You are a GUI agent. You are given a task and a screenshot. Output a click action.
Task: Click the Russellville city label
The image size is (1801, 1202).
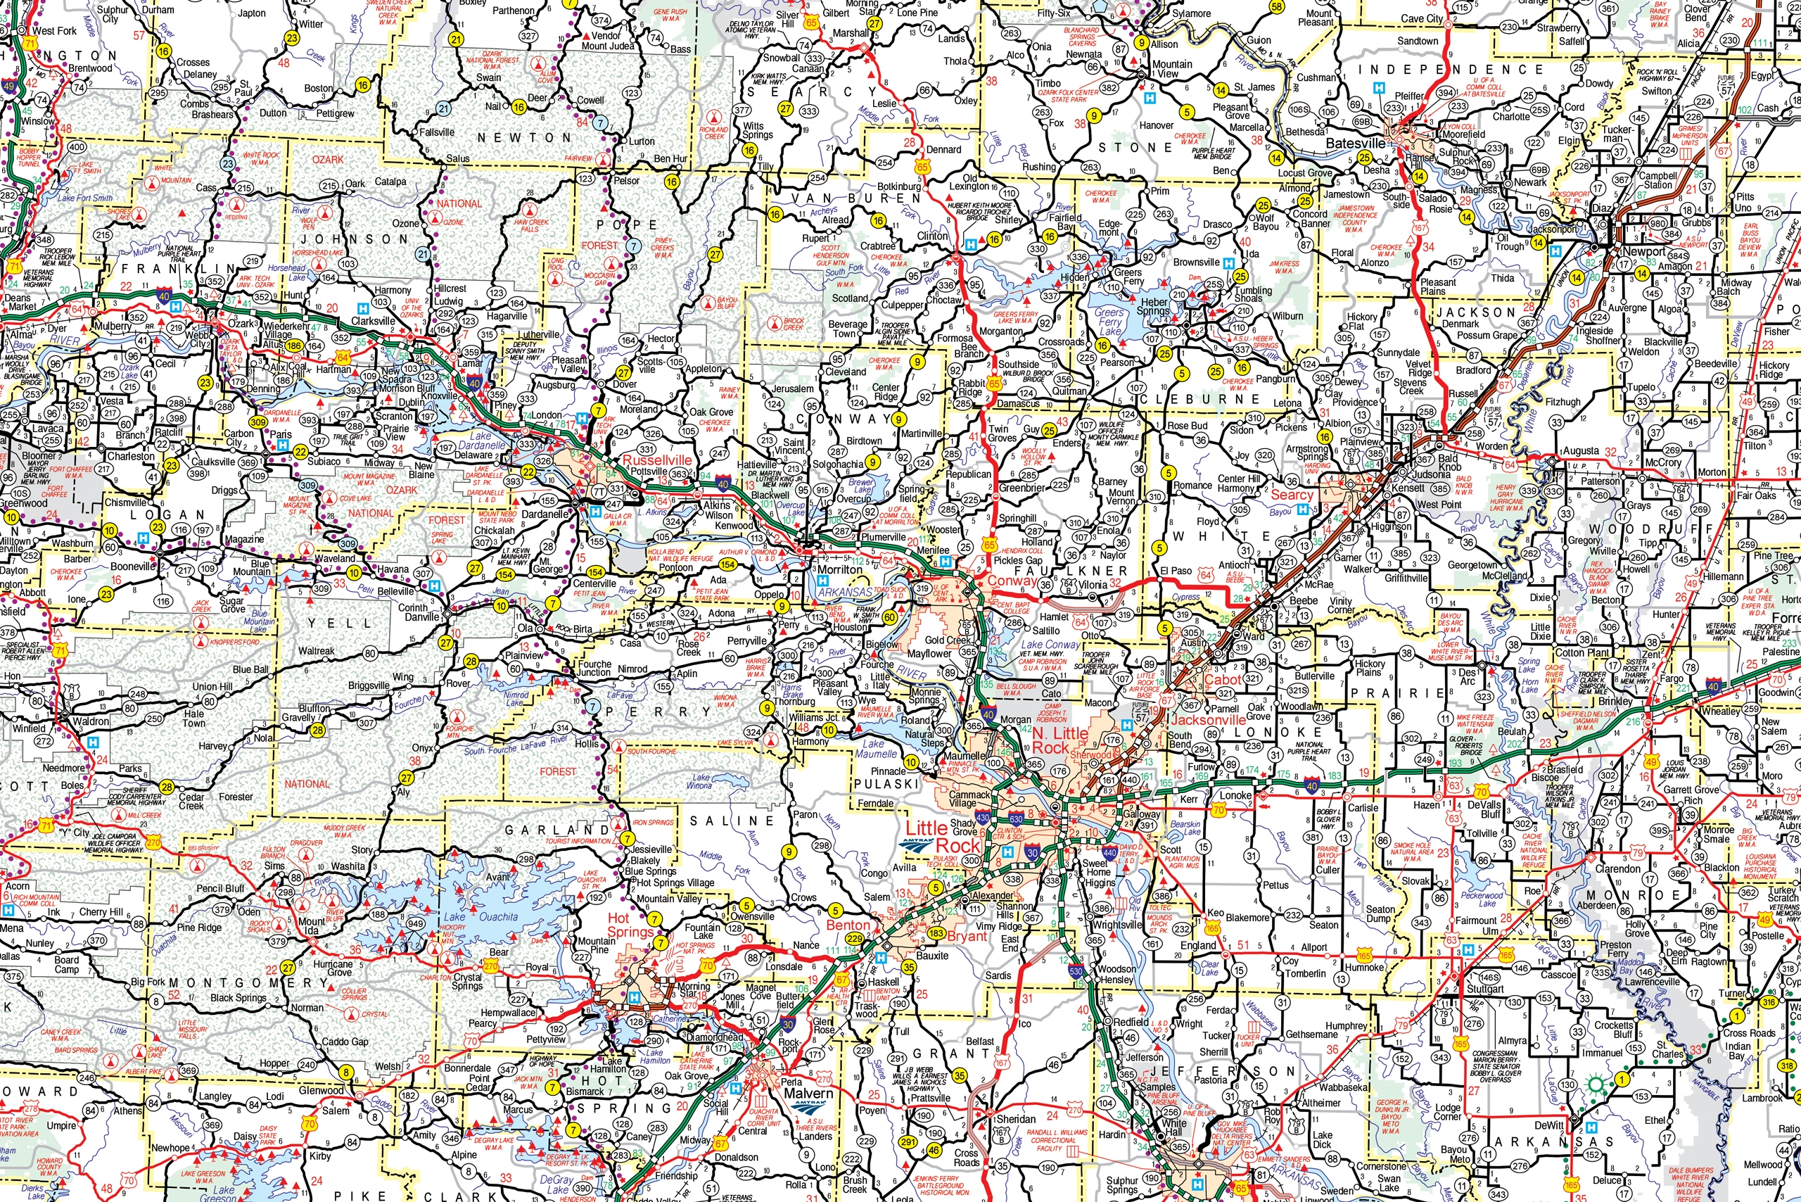[657, 460]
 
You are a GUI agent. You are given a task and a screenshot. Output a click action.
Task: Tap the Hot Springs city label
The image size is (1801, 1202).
[630, 925]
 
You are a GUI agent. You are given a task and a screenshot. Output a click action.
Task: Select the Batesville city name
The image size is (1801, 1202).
[1355, 144]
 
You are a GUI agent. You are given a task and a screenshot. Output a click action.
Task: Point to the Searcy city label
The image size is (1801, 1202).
[1292, 495]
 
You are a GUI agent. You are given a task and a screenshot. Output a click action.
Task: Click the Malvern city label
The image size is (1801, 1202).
[807, 1093]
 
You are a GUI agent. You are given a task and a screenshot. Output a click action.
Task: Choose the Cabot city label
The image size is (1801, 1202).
[1223, 679]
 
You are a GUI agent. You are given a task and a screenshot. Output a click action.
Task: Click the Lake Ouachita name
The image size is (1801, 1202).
[480, 916]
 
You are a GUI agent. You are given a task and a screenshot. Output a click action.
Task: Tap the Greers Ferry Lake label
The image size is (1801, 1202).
[1109, 321]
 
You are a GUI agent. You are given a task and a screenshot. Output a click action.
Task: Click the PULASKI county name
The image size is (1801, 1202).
[885, 783]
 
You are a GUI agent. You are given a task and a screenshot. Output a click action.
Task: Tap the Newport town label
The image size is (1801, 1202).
[1643, 251]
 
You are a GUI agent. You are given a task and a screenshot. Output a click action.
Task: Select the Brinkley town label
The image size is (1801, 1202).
[1615, 701]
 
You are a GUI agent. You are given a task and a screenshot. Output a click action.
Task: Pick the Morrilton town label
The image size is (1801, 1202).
[840, 569]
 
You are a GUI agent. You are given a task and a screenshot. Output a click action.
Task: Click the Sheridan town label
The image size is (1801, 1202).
[1015, 1118]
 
